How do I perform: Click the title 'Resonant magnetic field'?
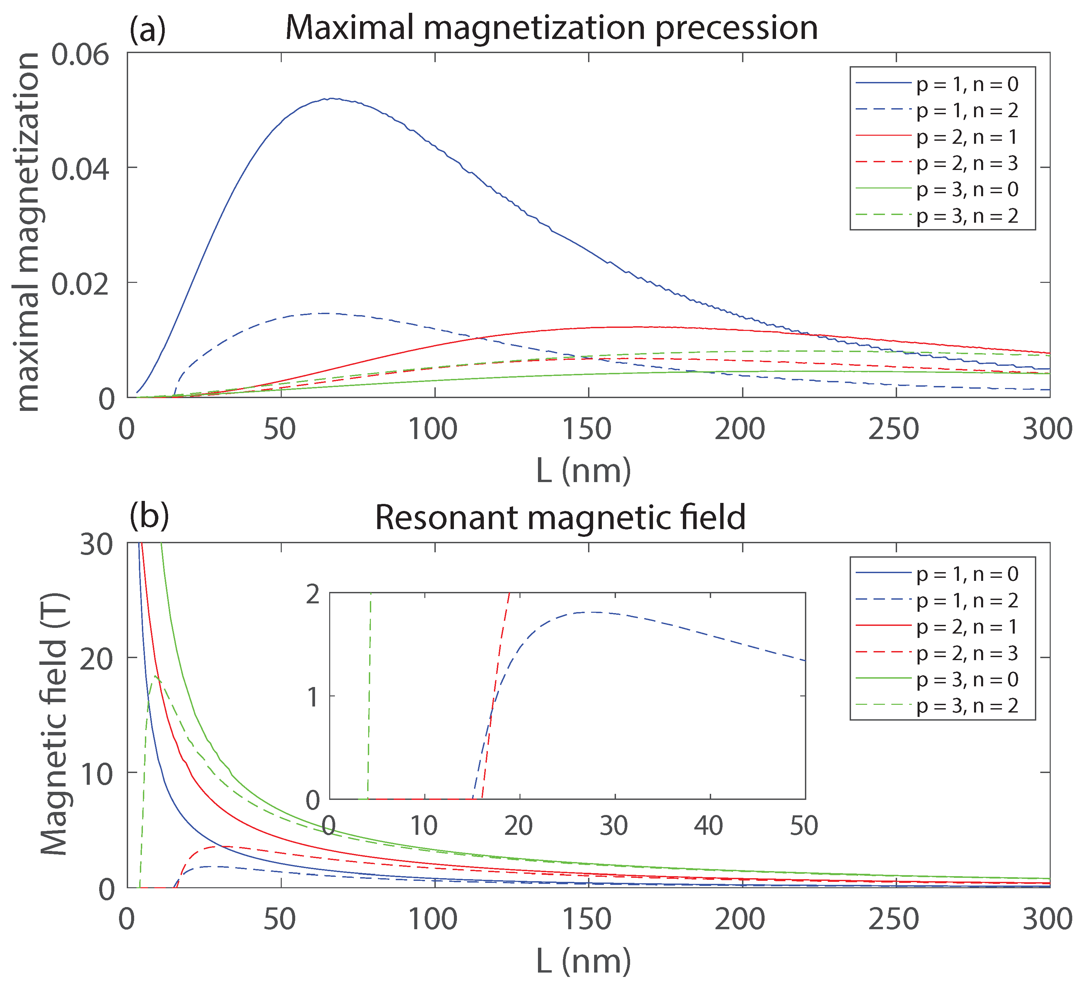[x=560, y=517]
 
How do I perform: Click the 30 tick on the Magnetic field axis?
[x=97, y=546]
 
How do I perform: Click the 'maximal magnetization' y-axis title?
[x=28, y=232]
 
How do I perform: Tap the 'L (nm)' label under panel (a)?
[x=583, y=471]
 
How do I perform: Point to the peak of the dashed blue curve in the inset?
[x=594, y=612]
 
